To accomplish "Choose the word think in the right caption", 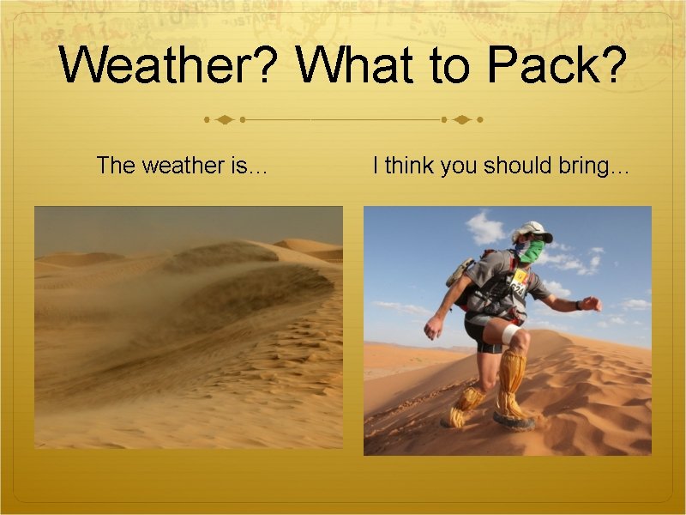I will pos(411,165).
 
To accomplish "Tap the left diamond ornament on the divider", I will pos(224,119).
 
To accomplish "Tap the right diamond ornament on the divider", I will pos(461,119).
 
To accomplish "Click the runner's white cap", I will pos(533,230).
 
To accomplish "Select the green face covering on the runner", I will pos(532,251).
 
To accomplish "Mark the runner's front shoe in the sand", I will pos(513,418).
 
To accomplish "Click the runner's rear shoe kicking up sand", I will pos(454,417).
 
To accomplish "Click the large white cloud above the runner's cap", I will pos(486,228).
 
